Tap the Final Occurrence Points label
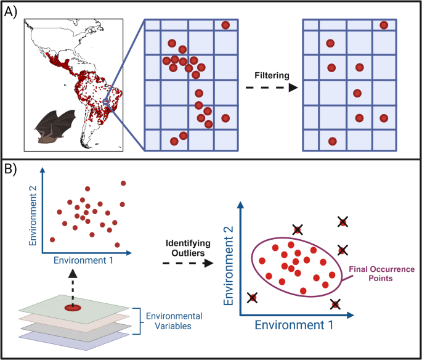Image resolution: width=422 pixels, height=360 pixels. [x=381, y=274]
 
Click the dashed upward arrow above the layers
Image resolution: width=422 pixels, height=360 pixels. [x=73, y=283]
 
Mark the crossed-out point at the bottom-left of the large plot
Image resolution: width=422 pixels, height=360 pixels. [x=253, y=298]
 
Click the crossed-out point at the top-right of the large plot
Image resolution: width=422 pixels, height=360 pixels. [x=343, y=222]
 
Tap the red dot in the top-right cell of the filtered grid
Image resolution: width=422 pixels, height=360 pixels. [x=384, y=25]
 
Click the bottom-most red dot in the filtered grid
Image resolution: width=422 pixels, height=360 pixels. [x=332, y=141]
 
